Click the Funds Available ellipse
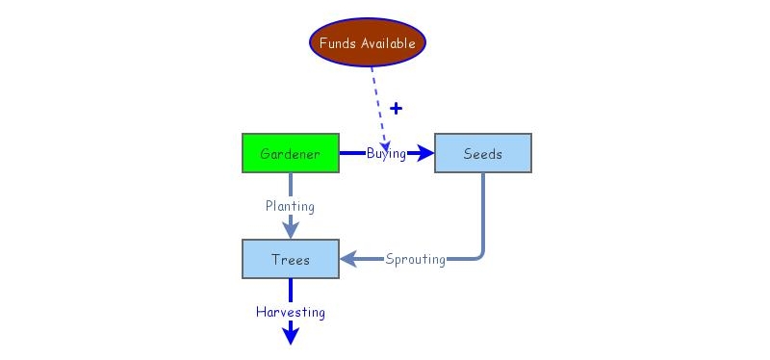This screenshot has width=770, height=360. pyautogui.click(x=368, y=43)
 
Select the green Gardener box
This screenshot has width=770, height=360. pyautogui.click(x=290, y=153)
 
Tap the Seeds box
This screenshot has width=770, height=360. pyautogui.click(x=482, y=153)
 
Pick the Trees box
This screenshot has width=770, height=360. pyautogui.click(x=290, y=259)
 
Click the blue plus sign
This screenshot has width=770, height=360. pyautogui.click(x=396, y=108)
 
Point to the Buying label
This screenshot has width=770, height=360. pyautogui.click(x=385, y=153)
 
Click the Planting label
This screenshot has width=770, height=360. pyautogui.click(x=290, y=205)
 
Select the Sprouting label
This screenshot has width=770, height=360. pyautogui.click(x=415, y=259)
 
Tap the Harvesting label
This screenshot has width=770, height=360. pyautogui.click(x=290, y=312)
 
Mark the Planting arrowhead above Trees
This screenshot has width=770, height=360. pyautogui.click(x=290, y=230)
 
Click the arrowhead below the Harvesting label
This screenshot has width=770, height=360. pyautogui.click(x=290, y=334)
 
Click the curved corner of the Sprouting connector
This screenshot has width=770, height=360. pyautogui.click(x=478, y=255)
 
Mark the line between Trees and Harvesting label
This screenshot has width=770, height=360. pyautogui.click(x=290, y=291)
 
